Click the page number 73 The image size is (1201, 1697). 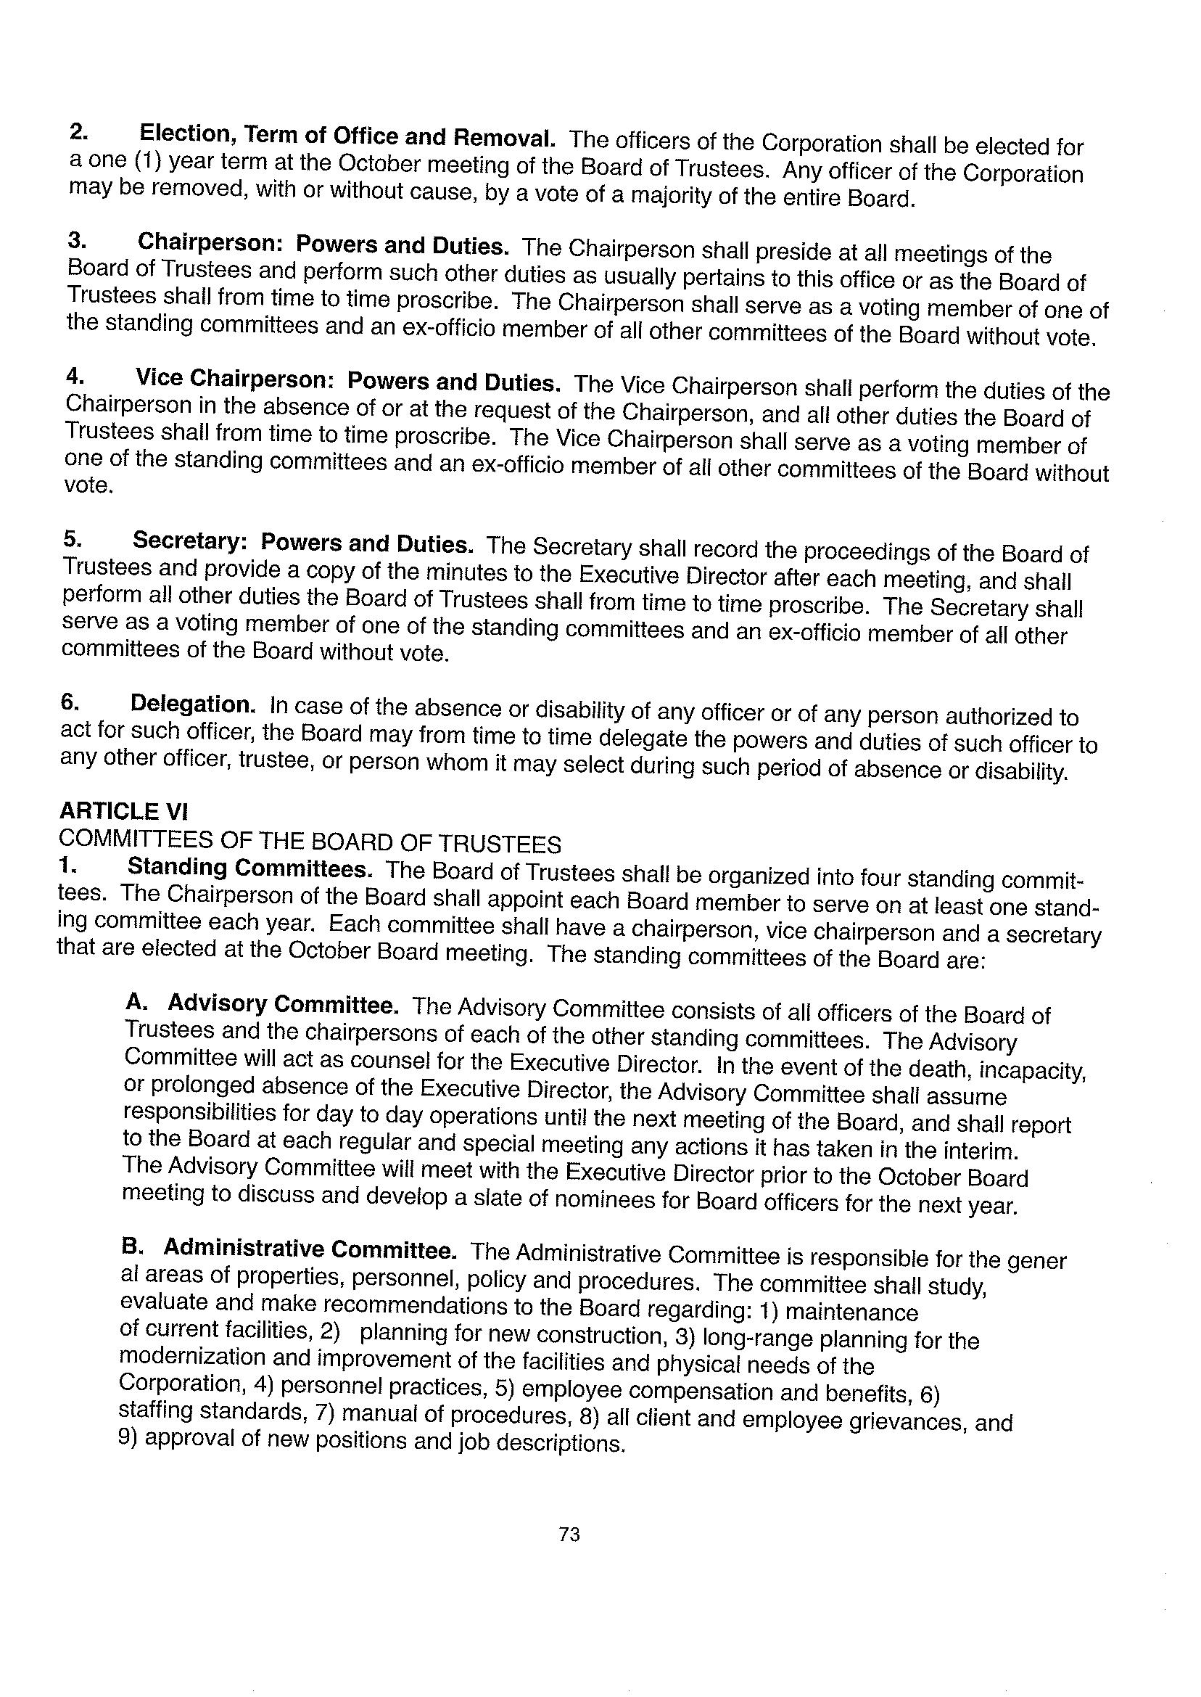coord(569,1535)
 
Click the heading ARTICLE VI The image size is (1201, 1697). coord(123,810)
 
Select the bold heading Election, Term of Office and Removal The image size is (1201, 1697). coord(347,137)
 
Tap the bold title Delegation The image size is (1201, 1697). coord(193,704)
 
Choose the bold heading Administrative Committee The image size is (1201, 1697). coord(310,1249)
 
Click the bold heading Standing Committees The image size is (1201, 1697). coord(249,868)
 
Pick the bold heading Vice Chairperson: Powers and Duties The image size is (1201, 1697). coord(347,381)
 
